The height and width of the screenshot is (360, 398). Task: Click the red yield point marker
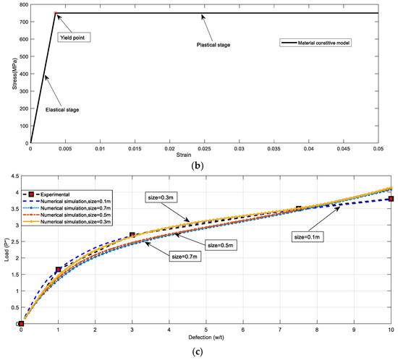point(56,13)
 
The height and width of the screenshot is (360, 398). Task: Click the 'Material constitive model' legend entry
point(336,44)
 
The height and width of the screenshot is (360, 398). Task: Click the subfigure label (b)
point(210,168)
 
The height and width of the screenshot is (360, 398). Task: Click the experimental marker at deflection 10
point(391,199)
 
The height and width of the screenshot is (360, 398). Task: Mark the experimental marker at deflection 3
point(132,235)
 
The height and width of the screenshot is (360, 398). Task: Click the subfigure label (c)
point(210,353)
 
